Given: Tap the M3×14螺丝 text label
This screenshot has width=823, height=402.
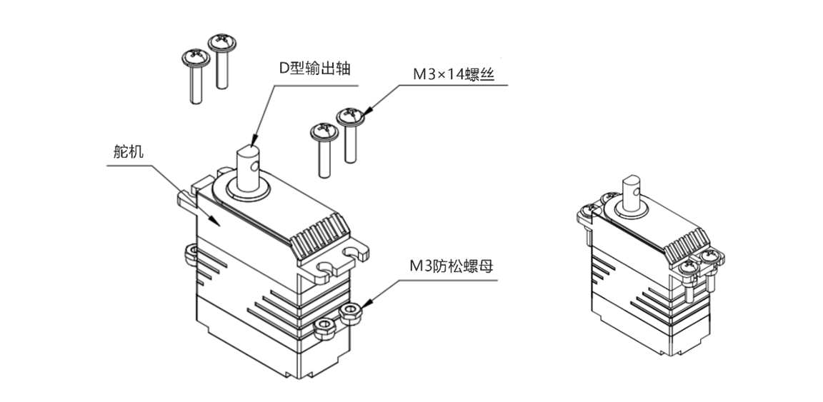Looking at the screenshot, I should pos(453,74).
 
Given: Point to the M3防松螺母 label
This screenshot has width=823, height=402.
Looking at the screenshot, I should pos(450,266).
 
